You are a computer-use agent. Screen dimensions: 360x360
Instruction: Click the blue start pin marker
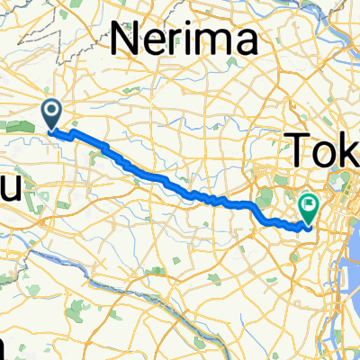coord(51,113)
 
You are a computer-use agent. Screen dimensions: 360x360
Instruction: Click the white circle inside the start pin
coord(51,111)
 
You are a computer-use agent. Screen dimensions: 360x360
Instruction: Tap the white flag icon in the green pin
coord(308,206)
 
